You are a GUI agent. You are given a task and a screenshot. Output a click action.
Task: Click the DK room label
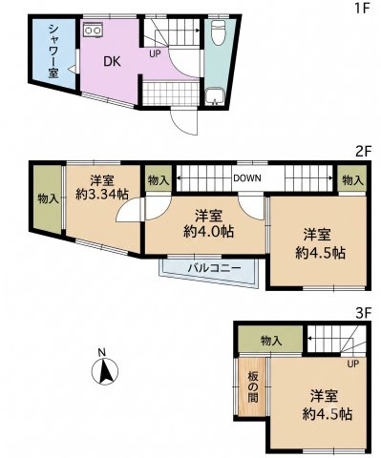tap(113, 61)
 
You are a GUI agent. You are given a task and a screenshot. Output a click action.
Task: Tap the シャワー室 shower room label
tap(53, 52)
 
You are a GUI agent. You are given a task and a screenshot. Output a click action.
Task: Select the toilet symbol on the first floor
tap(219, 32)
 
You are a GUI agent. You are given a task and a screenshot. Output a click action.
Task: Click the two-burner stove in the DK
tap(93, 30)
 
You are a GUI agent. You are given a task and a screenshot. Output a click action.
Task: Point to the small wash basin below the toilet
tap(216, 96)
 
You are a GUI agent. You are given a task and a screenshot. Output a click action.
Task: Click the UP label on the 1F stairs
tap(156, 54)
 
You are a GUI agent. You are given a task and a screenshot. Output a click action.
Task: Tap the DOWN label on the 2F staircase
tap(247, 178)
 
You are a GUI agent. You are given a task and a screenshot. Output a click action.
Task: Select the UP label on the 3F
tap(352, 364)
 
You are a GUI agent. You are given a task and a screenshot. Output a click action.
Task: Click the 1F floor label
tap(362, 8)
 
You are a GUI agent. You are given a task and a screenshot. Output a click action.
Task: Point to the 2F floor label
tap(363, 152)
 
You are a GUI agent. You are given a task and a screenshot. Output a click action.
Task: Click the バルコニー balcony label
tap(214, 268)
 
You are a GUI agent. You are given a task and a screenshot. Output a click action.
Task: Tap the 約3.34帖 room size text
tap(102, 194)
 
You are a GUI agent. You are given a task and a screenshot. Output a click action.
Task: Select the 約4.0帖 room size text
tap(209, 232)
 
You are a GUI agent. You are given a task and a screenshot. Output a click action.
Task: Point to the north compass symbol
tap(105, 371)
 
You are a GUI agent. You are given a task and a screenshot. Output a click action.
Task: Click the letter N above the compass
tap(101, 352)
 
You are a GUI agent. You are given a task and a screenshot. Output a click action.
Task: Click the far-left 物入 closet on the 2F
tap(48, 199)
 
